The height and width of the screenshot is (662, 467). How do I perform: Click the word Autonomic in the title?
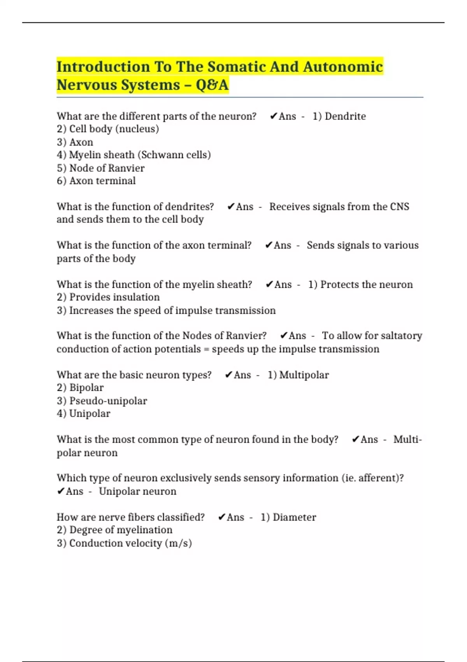click(342, 67)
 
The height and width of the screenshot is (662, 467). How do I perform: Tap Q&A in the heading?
click(212, 85)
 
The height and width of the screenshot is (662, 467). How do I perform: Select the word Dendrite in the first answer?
click(345, 116)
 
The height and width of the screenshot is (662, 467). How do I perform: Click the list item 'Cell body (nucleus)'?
click(108, 129)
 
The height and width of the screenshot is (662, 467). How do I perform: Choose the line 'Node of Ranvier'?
click(100, 168)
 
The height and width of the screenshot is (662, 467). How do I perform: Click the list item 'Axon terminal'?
click(96, 181)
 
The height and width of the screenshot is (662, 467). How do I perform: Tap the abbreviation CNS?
click(399, 207)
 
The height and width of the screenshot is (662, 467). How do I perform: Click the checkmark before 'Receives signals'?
click(231, 207)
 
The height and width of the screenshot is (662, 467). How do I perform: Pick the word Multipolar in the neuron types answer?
click(304, 375)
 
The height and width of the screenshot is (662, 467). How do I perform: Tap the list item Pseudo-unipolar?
click(102, 401)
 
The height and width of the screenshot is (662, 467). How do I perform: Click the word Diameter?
click(294, 518)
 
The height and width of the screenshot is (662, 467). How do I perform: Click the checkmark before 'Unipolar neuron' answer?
click(61, 491)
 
